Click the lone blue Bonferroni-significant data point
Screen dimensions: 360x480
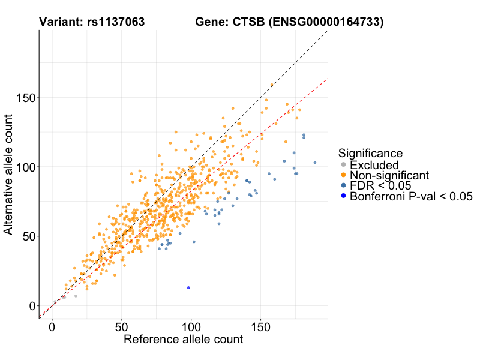(188, 287)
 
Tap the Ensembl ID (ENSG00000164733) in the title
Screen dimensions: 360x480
(326, 22)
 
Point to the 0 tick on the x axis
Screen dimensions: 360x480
(52, 328)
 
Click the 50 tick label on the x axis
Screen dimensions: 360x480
(122, 328)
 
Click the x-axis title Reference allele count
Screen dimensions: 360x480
(183, 340)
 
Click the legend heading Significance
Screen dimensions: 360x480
(370, 153)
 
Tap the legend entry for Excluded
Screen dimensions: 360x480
(374, 165)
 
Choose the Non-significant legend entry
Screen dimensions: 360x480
(389, 175)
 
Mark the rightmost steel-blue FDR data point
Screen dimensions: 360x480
(314, 163)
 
